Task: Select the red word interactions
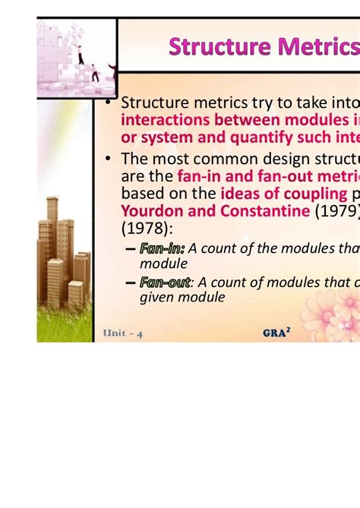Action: click(x=166, y=120)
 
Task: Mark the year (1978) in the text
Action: click(x=147, y=227)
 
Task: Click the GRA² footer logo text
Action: click(x=276, y=332)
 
